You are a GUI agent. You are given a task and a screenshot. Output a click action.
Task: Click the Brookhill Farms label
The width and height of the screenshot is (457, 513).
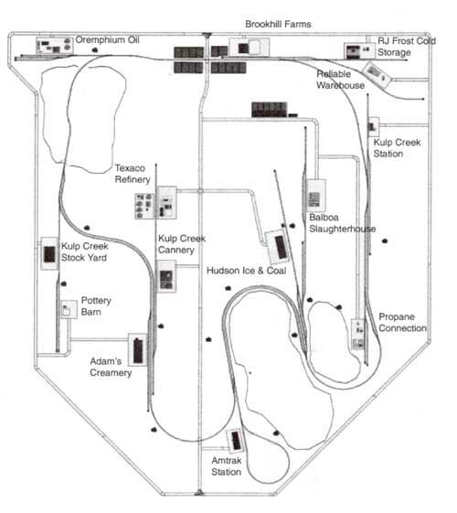click(278, 24)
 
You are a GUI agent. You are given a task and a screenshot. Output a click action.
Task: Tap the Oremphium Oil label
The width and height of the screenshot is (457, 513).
click(107, 40)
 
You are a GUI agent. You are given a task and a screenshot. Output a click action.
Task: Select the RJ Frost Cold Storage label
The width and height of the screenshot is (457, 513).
click(407, 47)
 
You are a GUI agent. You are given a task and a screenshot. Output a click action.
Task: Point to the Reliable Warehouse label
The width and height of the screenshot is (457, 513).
click(340, 80)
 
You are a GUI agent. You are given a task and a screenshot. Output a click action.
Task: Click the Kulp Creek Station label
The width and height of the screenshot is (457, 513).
click(397, 148)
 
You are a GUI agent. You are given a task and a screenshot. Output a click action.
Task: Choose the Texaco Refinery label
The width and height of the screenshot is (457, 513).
click(133, 174)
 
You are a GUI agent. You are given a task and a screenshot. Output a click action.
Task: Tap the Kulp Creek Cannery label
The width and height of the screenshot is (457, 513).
click(182, 244)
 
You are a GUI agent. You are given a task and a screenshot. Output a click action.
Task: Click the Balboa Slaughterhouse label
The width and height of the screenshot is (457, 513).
click(342, 223)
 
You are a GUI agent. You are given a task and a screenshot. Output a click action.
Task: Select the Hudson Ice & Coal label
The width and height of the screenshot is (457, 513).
click(247, 271)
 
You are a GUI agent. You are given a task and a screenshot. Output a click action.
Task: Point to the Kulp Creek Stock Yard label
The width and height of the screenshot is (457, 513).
click(85, 251)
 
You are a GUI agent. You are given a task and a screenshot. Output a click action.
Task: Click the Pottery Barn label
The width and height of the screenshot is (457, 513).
click(96, 306)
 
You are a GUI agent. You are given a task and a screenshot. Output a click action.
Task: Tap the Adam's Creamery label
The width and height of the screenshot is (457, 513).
click(111, 367)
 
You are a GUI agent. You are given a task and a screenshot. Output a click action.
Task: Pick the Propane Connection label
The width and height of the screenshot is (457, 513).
click(402, 322)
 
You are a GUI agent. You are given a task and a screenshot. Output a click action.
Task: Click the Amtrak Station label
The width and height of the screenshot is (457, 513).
click(226, 465)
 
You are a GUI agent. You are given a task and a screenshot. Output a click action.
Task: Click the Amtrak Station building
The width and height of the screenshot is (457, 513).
click(236, 441)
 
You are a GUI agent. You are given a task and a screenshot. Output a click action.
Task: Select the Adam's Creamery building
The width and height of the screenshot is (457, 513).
click(138, 349)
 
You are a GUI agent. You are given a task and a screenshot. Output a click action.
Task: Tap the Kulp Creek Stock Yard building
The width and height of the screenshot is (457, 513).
click(49, 254)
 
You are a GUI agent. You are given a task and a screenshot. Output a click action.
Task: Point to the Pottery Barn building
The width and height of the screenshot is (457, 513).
click(69, 309)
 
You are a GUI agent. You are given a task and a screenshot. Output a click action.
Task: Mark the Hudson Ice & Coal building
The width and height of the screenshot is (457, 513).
click(278, 247)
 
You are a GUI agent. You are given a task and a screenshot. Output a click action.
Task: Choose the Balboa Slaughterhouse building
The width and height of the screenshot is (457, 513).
click(315, 197)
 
